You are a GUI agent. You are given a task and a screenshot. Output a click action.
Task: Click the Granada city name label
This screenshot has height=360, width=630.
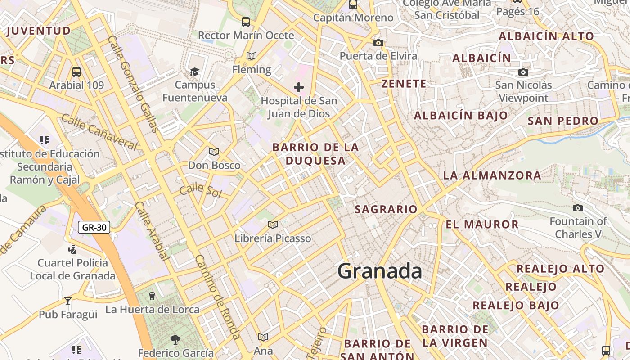click(380, 271)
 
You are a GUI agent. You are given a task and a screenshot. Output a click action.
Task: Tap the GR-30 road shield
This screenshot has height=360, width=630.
click(94, 227)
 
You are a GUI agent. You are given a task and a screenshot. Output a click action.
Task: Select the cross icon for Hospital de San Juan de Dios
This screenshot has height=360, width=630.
click(299, 87)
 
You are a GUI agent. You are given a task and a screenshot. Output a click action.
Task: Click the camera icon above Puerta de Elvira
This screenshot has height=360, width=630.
click(378, 43)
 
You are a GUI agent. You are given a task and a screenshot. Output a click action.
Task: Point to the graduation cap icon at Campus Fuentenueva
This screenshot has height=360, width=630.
click(194, 72)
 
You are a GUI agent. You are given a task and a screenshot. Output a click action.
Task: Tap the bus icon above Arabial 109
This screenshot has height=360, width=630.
click(76, 72)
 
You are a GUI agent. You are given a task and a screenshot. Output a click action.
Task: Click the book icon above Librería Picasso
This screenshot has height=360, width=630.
click(273, 225)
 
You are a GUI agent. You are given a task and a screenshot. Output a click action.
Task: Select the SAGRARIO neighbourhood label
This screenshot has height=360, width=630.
click(386, 209)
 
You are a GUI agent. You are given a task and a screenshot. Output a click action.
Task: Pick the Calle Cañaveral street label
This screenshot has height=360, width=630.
click(99, 132)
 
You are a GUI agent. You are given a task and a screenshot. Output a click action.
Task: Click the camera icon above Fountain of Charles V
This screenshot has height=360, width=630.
click(578, 208)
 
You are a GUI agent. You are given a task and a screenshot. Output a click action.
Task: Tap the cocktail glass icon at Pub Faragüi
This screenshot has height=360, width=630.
click(68, 301)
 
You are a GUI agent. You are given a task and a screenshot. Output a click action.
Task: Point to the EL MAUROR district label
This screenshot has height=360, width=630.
click(482, 224)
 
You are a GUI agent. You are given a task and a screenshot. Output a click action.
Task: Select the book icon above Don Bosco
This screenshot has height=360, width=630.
click(214, 152)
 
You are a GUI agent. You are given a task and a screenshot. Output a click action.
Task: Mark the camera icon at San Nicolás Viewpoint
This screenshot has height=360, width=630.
click(523, 72)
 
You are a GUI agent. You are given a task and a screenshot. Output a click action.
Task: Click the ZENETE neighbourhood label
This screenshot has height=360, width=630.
click(404, 84)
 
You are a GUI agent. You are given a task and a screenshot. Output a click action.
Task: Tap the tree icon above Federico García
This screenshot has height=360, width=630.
click(175, 339)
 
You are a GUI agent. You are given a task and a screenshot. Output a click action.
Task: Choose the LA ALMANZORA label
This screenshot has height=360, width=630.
click(492, 175)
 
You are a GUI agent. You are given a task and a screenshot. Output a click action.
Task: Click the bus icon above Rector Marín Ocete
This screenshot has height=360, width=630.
click(246, 22)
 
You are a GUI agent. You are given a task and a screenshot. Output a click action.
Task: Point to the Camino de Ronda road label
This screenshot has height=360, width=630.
click(217, 297)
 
